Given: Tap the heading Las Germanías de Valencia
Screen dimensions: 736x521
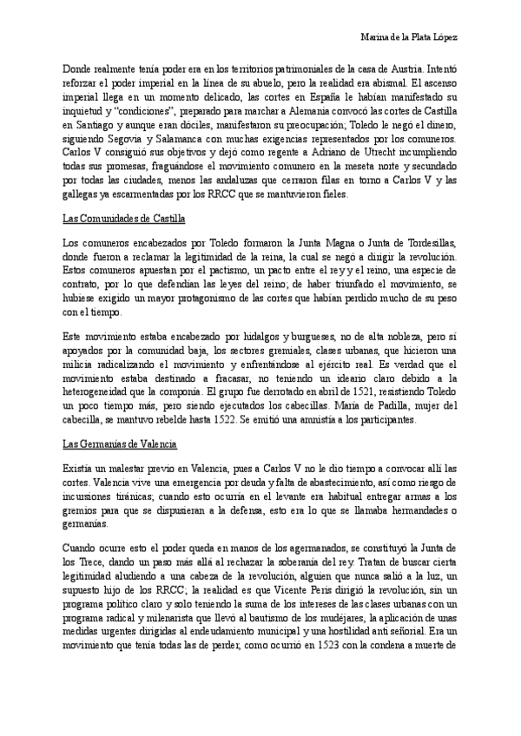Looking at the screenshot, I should (x=121, y=444).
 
